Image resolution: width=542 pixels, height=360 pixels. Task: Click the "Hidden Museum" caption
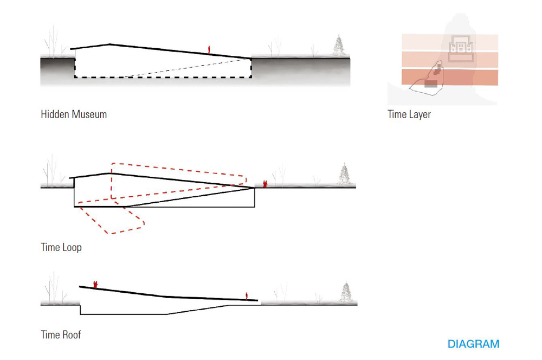click(x=74, y=114)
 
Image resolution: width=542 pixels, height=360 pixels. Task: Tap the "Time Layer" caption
click(x=409, y=114)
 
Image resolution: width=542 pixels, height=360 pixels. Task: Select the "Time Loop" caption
click(x=61, y=248)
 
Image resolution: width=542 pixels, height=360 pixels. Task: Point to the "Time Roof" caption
click(x=61, y=335)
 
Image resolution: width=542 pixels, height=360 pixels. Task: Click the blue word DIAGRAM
click(x=473, y=344)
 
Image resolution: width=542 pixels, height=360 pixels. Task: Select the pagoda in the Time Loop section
click(x=345, y=175)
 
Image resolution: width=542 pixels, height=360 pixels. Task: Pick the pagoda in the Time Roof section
click(x=345, y=293)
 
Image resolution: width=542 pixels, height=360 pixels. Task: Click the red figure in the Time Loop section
click(x=265, y=184)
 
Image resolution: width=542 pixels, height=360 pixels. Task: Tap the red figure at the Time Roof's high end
click(x=95, y=284)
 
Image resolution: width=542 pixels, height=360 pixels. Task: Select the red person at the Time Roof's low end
click(x=248, y=295)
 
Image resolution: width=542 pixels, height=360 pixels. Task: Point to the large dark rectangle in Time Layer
click(x=430, y=84)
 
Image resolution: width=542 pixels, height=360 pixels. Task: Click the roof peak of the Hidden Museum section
click(x=110, y=44)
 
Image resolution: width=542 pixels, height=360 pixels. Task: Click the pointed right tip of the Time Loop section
click(x=254, y=188)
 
